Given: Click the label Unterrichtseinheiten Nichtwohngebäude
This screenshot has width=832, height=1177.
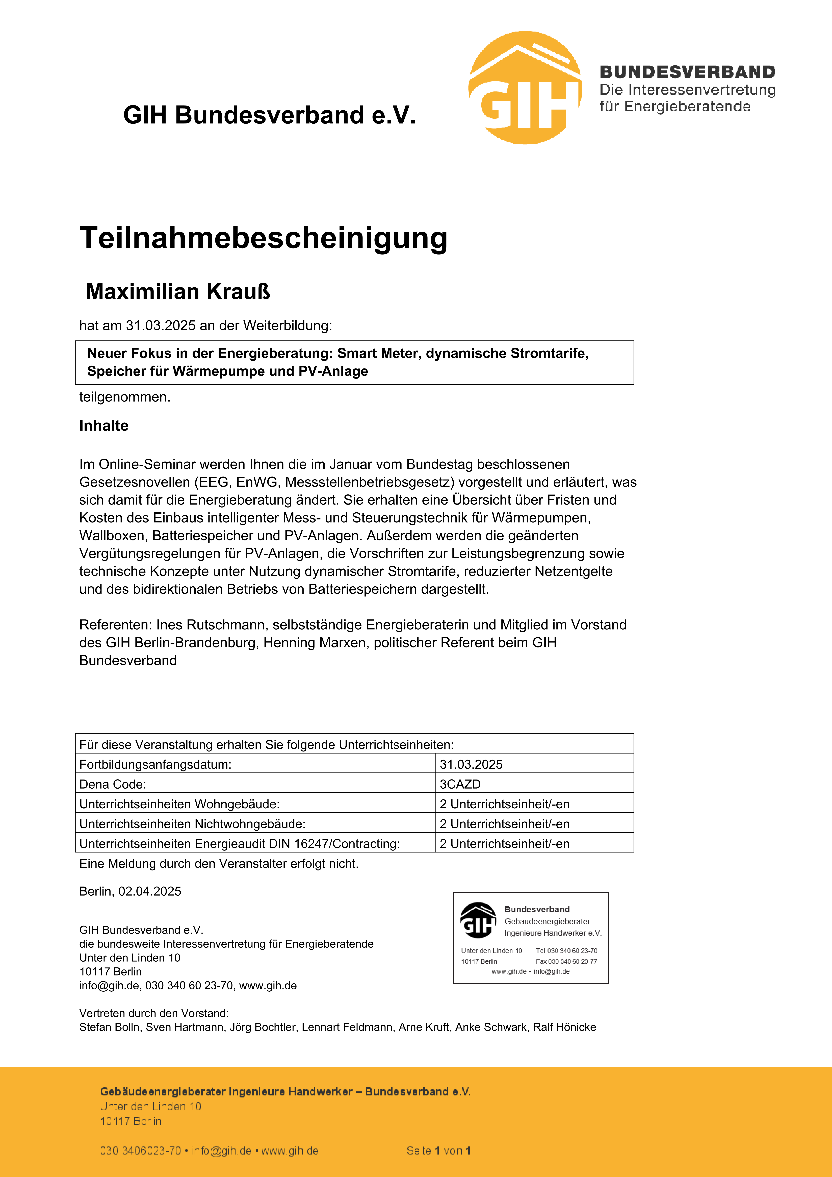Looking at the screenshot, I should coord(192,824).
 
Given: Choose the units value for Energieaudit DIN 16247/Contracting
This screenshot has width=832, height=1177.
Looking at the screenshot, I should coord(504,844).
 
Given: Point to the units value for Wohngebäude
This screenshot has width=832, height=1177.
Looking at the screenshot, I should coord(504,804).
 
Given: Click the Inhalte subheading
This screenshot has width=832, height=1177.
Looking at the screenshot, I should coord(103,425).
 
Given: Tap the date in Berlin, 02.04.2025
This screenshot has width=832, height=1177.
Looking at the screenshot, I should coord(150,891).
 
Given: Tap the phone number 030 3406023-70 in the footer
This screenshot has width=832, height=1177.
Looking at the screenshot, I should coord(140,1151).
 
